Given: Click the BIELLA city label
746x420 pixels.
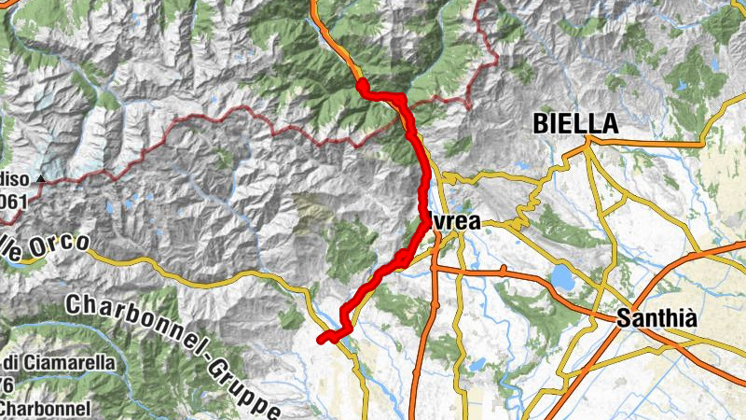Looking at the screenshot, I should pyautogui.click(x=575, y=123).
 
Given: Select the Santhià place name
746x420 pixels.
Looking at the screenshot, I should pyautogui.click(x=656, y=318).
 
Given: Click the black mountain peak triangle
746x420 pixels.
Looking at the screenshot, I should pyautogui.click(x=41, y=178).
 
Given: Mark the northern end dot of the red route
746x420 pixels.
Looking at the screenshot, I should pyautogui.click(x=361, y=86).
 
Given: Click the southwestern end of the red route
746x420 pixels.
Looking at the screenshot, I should pyautogui.click(x=322, y=339).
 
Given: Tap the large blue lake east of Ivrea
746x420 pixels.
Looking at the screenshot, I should pyautogui.click(x=561, y=277).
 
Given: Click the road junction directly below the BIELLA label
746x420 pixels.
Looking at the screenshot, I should pyautogui.click(x=587, y=143).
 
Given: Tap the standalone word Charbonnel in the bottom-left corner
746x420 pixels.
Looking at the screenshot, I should pyautogui.click(x=45, y=408).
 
